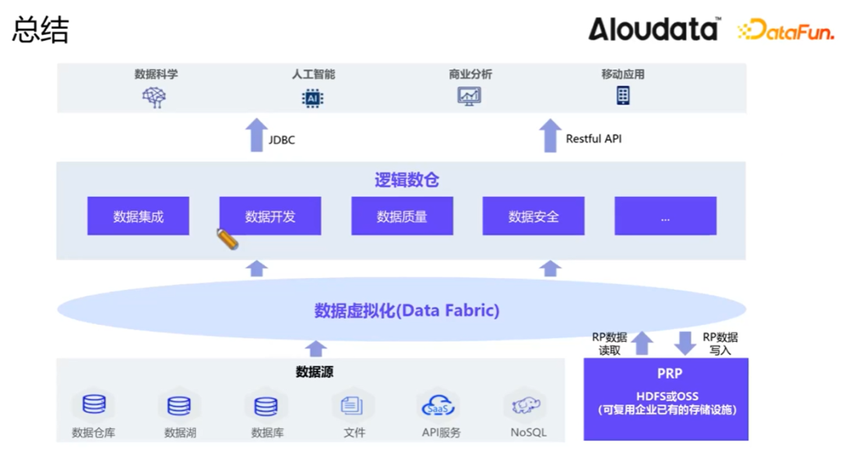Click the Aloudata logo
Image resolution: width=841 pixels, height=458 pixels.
[653, 30]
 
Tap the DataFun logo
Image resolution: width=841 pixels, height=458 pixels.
[785, 31]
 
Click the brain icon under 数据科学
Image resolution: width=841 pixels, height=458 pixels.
[154, 97]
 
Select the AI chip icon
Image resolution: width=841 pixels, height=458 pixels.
[312, 98]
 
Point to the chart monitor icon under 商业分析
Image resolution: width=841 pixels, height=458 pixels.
[470, 97]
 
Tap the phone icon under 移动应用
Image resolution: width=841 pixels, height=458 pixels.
[623, 96]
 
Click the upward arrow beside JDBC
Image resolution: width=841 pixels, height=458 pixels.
[256, 136]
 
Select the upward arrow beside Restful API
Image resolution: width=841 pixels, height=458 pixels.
[551, 136]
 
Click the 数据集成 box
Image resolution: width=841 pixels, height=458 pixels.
[138, 217]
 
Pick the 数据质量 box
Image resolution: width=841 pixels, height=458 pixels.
[402, 217]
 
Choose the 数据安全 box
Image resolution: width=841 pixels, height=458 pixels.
[533, 217]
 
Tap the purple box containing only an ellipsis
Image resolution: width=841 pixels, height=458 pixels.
[665, 217]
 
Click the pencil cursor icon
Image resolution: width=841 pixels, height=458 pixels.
[227, 238]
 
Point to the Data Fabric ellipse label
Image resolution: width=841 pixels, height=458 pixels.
[406, 310]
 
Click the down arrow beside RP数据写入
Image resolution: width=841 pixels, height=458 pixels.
[685, 343]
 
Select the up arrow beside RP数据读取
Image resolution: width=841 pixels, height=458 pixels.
[642, 343]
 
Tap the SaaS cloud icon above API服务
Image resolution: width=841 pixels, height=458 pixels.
[438, 406]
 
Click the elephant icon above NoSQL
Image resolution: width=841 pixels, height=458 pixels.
[526, 405]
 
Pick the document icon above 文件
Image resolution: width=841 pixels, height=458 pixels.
[352, 405]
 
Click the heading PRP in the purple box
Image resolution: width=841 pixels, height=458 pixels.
[669, 374]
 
